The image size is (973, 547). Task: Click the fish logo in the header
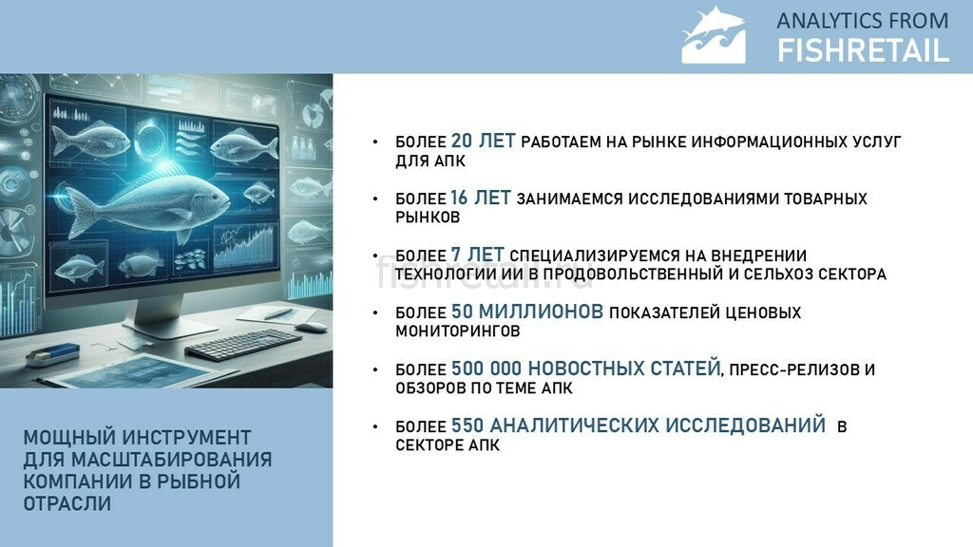(x=713, y=35)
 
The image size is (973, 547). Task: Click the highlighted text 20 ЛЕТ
(x=483, y=141)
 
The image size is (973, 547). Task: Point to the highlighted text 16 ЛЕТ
(x=480, y=198)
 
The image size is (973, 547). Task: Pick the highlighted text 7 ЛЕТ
(x=477, y=255)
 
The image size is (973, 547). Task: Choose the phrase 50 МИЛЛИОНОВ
(x=526, y=311)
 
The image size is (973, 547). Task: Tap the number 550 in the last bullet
(x=467, y=425)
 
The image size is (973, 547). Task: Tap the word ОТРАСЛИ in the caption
(x=67, y=503)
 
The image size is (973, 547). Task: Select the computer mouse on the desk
(x=311, y=327)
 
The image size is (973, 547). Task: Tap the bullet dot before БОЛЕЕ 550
(x=375, y=426)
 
